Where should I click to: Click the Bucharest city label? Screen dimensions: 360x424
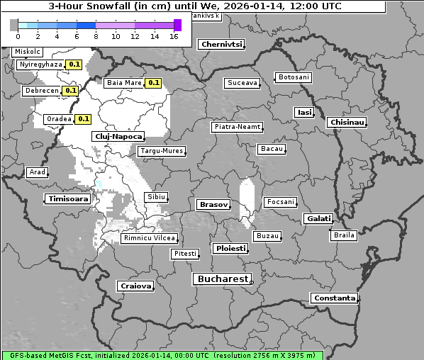[x=223, y=279]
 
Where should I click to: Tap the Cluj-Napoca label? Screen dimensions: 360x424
[x=118, y=137]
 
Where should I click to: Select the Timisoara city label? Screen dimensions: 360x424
[x=68, y=199]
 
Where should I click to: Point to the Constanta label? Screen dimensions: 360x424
[x=335, y=298]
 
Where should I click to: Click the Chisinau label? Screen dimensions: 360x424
[x=347, y=123]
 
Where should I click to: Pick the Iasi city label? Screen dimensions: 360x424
[x=304, y=112]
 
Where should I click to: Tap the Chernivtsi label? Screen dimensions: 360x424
[x=221, y=44]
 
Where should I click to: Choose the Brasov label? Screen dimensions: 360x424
[x=213, y=204]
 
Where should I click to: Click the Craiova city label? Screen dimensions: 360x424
[x=135, y=286]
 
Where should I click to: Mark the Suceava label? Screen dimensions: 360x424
[x=242, y=83]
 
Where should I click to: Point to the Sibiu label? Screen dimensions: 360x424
[x=156, y=196]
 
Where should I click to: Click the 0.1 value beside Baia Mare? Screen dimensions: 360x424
[x=153, y=83]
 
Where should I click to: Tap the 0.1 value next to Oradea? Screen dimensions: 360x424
[x=83, y=119]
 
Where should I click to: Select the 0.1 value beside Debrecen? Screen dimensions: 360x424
[x=70, y=91]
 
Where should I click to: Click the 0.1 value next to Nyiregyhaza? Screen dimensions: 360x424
[x=74, y=64]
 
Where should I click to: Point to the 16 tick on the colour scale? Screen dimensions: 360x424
[x=173, y=36]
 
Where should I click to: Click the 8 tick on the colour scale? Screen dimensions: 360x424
[x=95, y=36]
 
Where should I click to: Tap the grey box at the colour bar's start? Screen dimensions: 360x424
[x=14, y=25]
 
